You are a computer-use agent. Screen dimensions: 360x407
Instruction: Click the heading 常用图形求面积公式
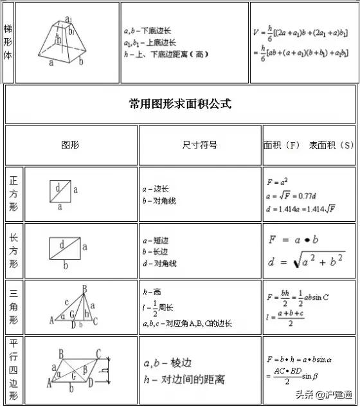click(180, 104)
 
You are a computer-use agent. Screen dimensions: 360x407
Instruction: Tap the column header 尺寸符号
click(200, 145)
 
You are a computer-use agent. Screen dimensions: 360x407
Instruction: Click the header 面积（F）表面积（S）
click(309, 145)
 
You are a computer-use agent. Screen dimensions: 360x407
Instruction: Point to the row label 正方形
click(14, 194)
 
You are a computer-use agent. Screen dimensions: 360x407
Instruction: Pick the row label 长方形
click(14, 251)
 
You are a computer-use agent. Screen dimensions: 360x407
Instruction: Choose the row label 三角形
click(14, 307)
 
